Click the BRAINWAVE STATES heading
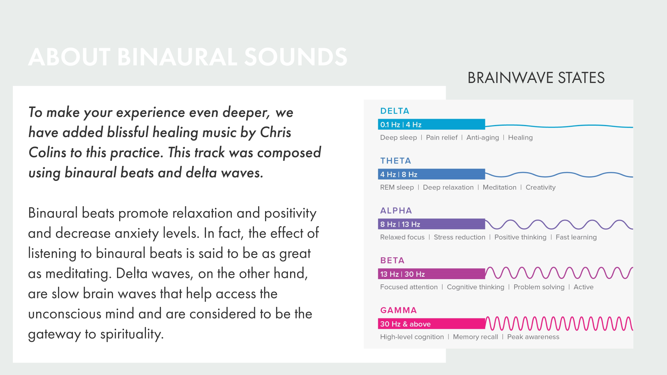536,78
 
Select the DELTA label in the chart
395,111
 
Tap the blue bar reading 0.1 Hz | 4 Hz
431,124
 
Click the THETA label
396,161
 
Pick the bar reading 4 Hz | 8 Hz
431,174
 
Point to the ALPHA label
396,211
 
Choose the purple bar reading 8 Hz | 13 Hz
431,224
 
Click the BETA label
392,260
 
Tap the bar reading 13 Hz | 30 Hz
431,274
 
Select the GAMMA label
398,310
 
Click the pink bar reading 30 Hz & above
431,324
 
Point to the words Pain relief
442,137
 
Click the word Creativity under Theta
541,187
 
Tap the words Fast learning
576,237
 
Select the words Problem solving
539,287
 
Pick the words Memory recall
475,337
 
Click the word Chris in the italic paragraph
275,132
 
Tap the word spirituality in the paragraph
132,334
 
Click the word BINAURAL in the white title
177,57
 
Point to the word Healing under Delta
520,137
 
